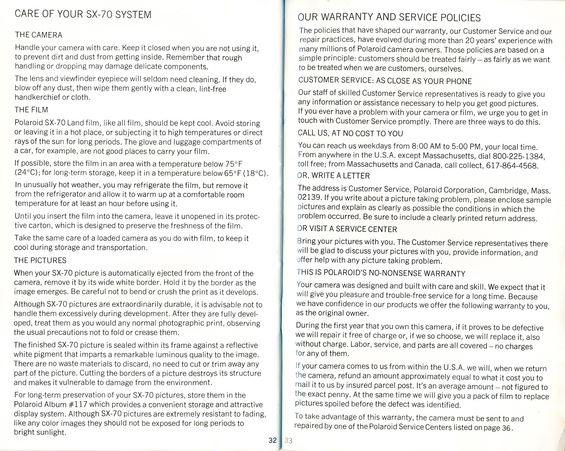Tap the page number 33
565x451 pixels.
(x=288, y=440)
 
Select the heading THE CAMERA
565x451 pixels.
(x=39, y=35)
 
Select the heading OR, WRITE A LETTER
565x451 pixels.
(x=334, y=175)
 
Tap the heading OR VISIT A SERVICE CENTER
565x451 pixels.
(x=347, y=229)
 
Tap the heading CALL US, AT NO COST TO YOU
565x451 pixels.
(x=350, y=133)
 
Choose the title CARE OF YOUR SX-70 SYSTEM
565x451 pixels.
(x=83, y=14)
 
